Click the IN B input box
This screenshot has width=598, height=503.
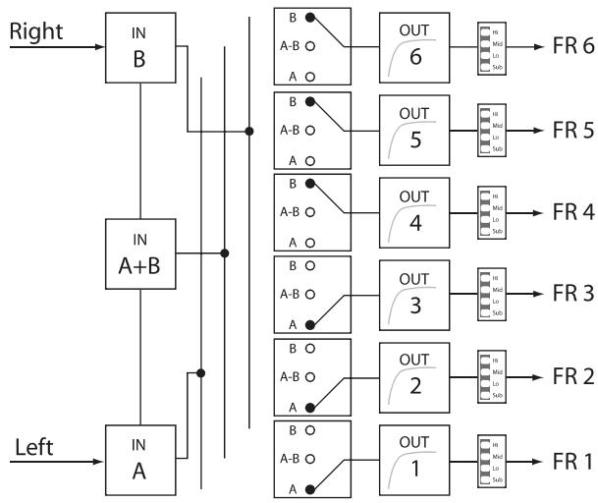pyautogui.click(x=142, y=45)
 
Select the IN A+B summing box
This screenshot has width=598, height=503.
pyautogui.click(x=142, y=253)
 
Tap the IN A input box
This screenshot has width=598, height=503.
pyautogui.click(x=142, y=460)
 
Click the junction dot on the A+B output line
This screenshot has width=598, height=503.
pyautogui.click(x=226, y=253)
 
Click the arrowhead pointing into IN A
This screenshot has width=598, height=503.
pyautogui.click(x=99, y=460)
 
